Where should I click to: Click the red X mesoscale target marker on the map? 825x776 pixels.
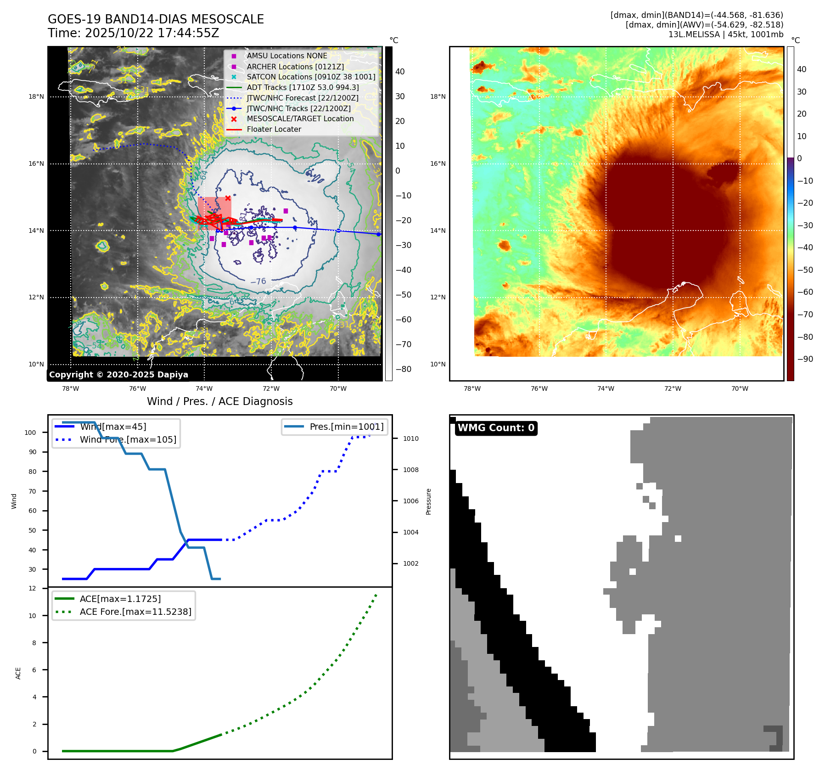click(228, 198)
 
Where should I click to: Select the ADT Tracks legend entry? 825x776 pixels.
click(303, 87)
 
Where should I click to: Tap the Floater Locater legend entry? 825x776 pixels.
click(274, 129)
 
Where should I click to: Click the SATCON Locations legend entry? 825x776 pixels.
click(311, 77)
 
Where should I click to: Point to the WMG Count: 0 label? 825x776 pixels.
click(496, 428)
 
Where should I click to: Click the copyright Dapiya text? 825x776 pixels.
click(118, 375)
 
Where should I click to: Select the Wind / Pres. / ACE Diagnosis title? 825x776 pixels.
click(219, 401)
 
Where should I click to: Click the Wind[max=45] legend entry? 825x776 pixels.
click(113, 427)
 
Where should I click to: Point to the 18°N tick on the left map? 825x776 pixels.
click(36, 96)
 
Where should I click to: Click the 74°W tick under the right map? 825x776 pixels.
click(606, 388)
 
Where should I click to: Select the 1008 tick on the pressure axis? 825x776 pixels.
click(410, 470)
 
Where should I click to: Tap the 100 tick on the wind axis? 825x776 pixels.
click(30, 433)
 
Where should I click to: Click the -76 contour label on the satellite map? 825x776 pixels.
click(258, 281)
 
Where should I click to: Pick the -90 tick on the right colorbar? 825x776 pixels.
click(805, 359)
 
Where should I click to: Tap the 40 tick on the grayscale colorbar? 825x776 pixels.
click(400, 72)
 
